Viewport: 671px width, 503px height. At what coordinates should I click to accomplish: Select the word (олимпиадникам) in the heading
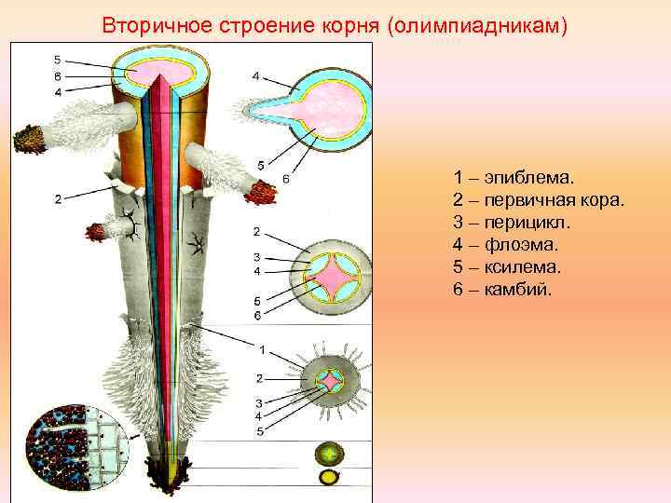coord(474,25)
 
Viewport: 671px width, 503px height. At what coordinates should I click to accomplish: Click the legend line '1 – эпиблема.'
coord(514,177)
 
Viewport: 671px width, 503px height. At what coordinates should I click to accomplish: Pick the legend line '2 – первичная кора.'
coord(540,200)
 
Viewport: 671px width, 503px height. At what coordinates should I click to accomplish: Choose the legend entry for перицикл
coord(513,223)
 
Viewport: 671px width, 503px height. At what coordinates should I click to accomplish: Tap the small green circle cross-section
coord(329,454)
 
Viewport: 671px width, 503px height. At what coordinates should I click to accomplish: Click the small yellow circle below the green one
coord(329,478)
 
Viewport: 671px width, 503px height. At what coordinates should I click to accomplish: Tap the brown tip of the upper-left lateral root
coord(31,140)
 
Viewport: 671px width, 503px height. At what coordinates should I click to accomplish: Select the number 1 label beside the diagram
coord(262,349)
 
